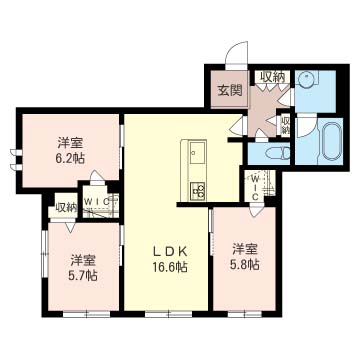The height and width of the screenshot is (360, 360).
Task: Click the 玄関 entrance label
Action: pos(230,90)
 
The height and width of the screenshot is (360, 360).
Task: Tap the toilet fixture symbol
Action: pos(278,154)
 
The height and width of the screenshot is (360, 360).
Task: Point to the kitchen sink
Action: pos(197,152)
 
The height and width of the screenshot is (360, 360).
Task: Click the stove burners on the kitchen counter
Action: pos(197,191)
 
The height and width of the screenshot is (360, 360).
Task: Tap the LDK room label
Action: pos(169,252)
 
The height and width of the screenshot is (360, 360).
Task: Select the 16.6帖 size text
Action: pos(170,267)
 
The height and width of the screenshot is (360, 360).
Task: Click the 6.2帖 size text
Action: pos(71,158)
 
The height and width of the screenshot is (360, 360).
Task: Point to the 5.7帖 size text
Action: pos(84,275)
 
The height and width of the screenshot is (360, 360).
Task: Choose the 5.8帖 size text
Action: pos(245,264)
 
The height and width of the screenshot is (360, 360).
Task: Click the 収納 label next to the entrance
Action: pos(273,77)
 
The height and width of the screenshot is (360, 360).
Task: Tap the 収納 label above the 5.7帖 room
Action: pos(66,208)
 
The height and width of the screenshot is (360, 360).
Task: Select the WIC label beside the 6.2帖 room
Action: pos(97,201)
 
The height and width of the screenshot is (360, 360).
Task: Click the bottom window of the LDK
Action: pos(169,314)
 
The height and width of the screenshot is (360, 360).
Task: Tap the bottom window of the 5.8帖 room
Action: pos(245,314)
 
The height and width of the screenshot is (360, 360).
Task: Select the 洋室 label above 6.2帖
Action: pos(70,143)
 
